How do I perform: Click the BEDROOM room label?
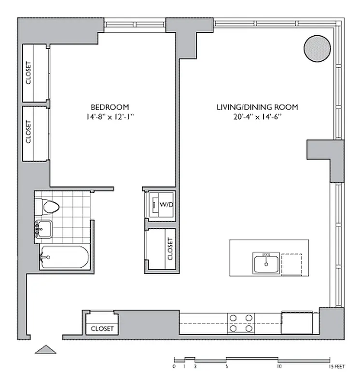(110, 107)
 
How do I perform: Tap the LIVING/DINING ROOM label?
(257, 107)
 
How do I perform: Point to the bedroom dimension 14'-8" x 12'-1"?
(110, 116)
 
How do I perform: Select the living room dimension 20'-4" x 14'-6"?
(257, 116)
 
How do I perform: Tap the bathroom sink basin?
(44, 229)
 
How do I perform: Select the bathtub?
(64, 257)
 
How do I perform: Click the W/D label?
(166, 204)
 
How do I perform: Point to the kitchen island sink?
(266, 263)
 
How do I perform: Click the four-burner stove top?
(241, 323)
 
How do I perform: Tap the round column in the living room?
(317, 49)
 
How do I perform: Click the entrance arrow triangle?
(45, 349)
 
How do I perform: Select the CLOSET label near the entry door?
(102, 329)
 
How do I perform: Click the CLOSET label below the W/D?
(170, 248)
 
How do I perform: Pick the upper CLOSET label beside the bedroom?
(28, 73)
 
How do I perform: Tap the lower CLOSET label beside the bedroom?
(28, 132)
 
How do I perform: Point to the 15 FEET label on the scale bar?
(337, 367)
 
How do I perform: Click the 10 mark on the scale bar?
(279, 366)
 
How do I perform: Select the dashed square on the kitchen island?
(292, 264)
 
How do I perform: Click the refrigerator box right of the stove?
(297, 323)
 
